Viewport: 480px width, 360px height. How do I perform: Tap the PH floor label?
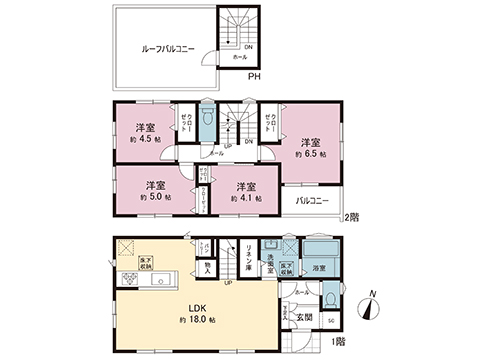pos(254,77)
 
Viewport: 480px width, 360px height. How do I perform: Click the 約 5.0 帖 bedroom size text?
pos(155,197)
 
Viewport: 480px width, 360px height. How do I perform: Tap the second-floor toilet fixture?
pos(206,119)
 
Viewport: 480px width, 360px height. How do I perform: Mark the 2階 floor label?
pos(351,217)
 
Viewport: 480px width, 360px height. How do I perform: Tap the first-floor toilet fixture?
pos(330,296)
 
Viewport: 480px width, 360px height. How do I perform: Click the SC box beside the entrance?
pos(331,321)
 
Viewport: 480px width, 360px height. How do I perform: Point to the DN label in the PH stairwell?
pos(248,46)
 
